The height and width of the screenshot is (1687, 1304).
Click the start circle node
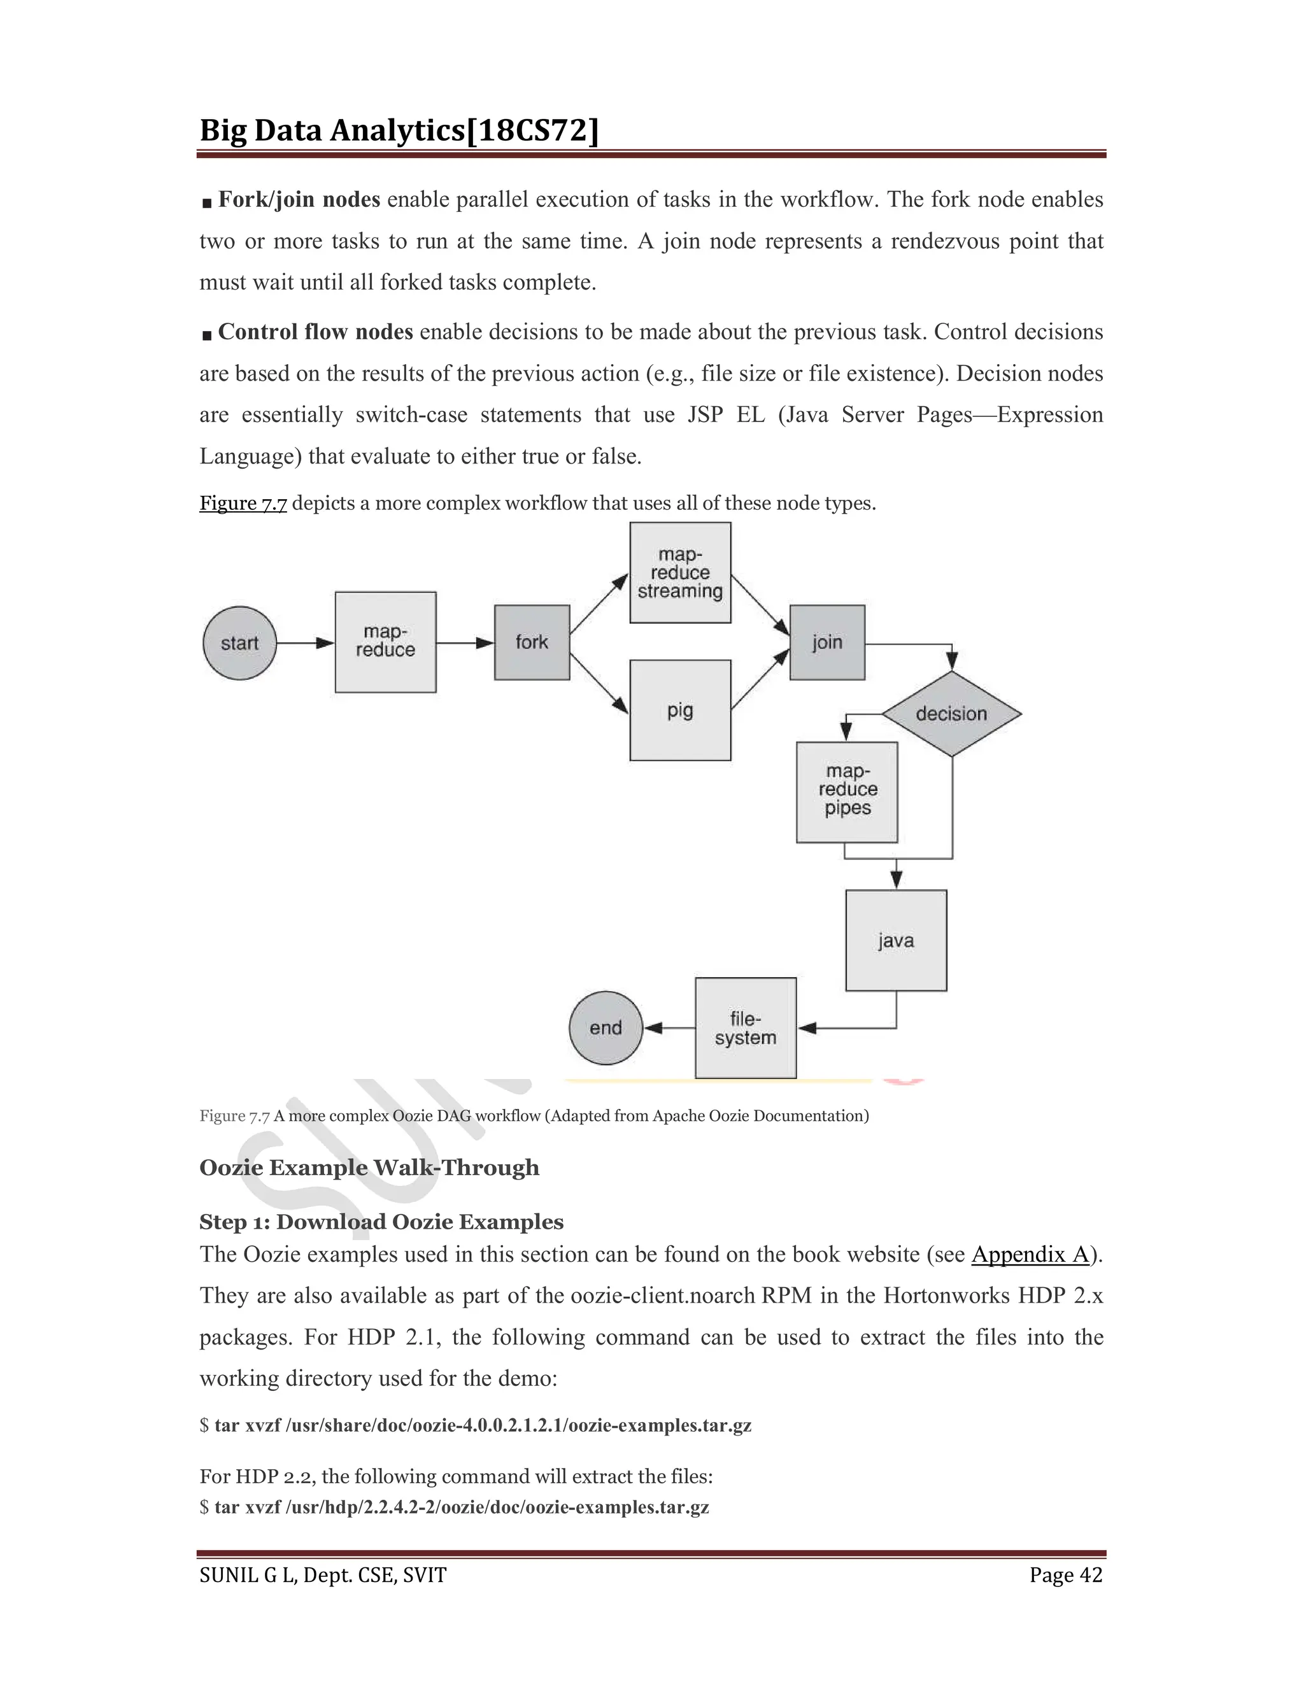tap(239, 643)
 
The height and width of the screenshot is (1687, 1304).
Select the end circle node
tap(606, 1027)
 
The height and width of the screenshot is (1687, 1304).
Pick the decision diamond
tap(951, 713)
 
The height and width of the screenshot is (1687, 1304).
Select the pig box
tap(680, 710)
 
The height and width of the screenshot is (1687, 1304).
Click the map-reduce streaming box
tap(680, 572)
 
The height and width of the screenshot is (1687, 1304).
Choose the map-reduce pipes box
tap(847, 792)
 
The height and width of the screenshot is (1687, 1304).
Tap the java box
tap(895, 940)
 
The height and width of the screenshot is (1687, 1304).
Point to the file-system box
tap(745, 1027)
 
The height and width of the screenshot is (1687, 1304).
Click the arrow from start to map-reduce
tap(305, 643)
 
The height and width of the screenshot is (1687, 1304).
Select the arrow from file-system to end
tap(669, 1027)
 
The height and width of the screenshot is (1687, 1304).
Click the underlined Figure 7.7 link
tap(243, 503)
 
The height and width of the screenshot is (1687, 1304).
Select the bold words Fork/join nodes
tap(299, 199)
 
